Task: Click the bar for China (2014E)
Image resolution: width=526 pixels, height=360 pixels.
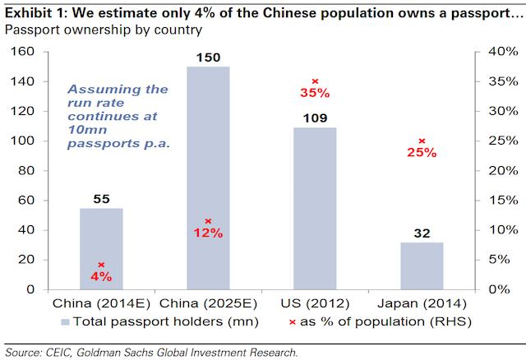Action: click(102, 249)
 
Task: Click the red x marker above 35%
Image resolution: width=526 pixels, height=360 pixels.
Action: click(316, 81)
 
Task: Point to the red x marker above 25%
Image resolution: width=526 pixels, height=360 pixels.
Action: click(422, 141)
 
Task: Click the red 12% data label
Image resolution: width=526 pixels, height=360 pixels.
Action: click(209, 233)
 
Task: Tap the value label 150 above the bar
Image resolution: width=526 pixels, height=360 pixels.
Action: click(209, 58)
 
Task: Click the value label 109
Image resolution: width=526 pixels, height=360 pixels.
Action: click(316, 118)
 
